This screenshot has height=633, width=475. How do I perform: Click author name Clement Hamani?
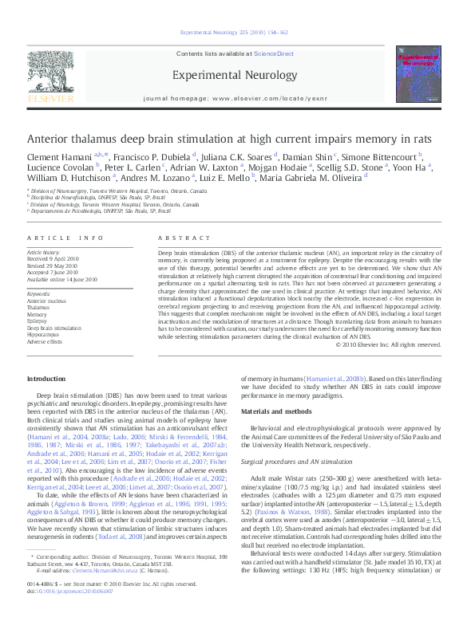[x=53, y=157]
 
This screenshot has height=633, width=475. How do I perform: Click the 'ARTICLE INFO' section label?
[x=65, y=238]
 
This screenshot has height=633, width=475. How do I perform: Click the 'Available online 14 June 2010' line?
[x=62, y=280]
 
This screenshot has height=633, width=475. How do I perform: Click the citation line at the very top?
[x=237, y=33]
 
